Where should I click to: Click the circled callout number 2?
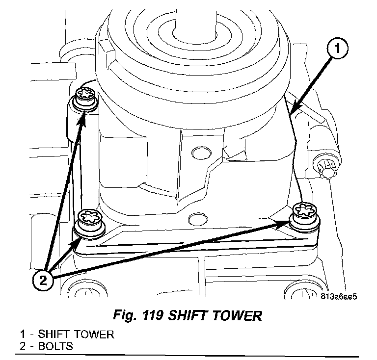pyautogui.click(x=44, y=281)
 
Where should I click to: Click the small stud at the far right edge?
pyautogui.click(x=326, y=167)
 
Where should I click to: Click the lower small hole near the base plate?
pyautogui.click(x=199, y=216)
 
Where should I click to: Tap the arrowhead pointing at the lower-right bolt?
pyautogui.click(x=284, y=224)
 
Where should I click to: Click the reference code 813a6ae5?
pyautogui.click(x=338, y=297)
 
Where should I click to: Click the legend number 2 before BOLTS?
pyautogui.click(x=23, y=346)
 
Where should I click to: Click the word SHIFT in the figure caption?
pyautogui.click(x=189, y=315)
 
